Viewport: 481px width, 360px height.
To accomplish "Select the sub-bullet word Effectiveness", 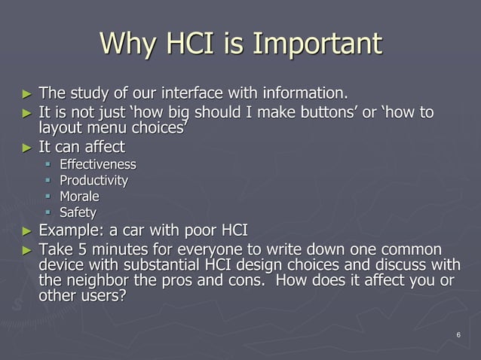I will [98, 164].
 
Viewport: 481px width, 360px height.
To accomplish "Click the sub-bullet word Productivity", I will [93, 181].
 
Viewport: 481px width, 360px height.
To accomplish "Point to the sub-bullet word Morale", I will [79, 197].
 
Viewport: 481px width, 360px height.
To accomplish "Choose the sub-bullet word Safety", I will [78, 213].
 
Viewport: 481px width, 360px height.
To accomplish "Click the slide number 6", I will [458, 335].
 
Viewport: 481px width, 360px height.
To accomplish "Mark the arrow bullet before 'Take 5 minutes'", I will [28, 250].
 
